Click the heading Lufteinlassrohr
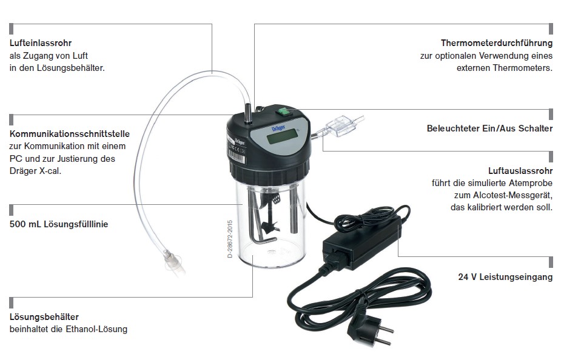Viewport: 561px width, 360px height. (41, 43)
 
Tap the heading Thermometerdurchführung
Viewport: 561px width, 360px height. (497, 43)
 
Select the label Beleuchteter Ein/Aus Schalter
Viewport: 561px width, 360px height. (489, 128)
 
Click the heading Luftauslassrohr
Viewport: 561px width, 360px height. (520, 171)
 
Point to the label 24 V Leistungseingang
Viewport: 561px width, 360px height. (505, 277)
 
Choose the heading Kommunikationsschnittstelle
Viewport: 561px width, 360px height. (70, 134)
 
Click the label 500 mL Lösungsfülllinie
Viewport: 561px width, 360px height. (59, 224)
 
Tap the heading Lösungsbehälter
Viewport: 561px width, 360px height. (44, 317)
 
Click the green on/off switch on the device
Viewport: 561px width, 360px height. (283, 112)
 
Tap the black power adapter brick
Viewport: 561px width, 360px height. (361, 242)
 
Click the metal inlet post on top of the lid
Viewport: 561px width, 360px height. (247, 113)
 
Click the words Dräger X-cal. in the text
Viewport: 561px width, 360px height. (35, 171)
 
